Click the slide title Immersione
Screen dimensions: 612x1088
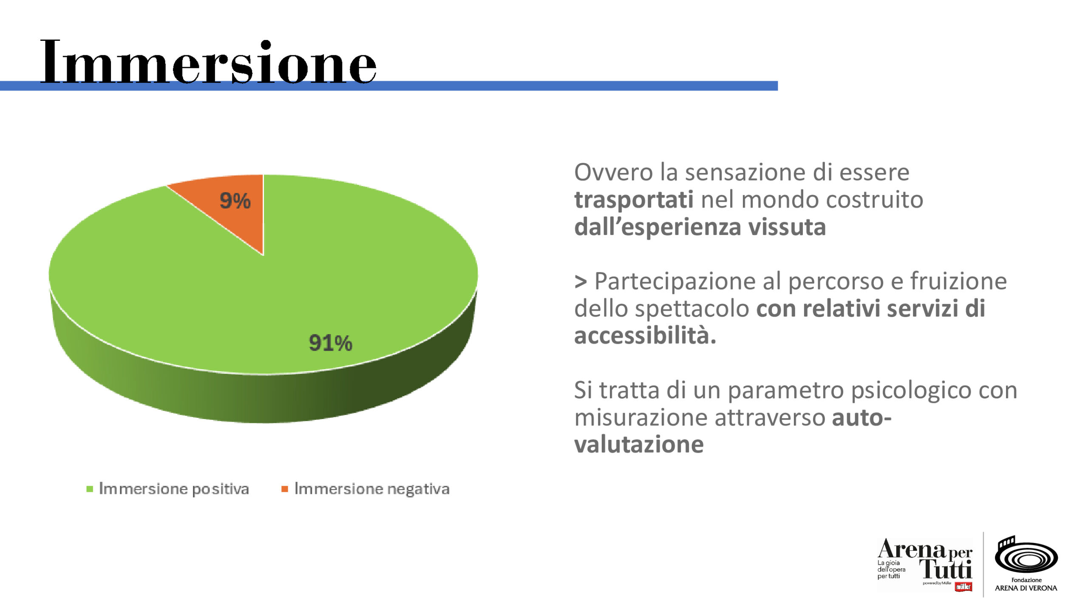click(x=208, y=63)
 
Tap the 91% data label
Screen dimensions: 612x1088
click(x=330, y=343)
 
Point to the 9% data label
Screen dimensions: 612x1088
click(x=235, y=201)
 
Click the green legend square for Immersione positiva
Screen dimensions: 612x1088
click(x=90, y=489)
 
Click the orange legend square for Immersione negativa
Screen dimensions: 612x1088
click(x=285, y=489)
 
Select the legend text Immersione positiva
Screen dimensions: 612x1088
click(x=173, y=489)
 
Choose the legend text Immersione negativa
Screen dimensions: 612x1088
click(x=371, y=489)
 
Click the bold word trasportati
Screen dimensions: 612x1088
click(x=634, y=200)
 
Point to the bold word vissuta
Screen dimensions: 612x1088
click(x=787, y=227)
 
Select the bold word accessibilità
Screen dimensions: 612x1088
click(x=645, y=336)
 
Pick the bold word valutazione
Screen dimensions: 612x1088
click(x=639, y=445)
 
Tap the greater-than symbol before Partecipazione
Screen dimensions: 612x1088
click(x=581, y=281)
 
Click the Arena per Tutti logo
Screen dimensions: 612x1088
click(x=925, y=562)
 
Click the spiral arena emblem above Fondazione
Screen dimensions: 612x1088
click(x=1026, y=555)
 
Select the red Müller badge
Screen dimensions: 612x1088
click(x=963, y=587)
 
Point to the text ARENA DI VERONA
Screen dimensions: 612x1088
click(x=1026, y=588)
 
